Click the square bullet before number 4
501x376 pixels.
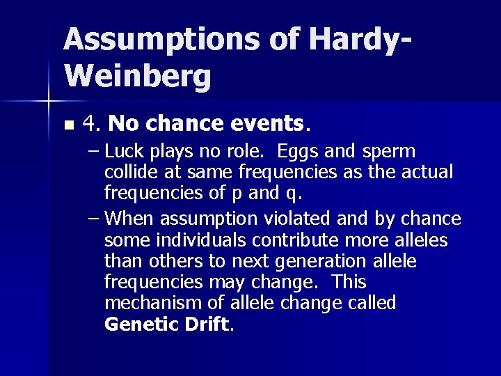(x=67, y=126)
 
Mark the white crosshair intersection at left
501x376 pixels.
(x=48, y=102)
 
